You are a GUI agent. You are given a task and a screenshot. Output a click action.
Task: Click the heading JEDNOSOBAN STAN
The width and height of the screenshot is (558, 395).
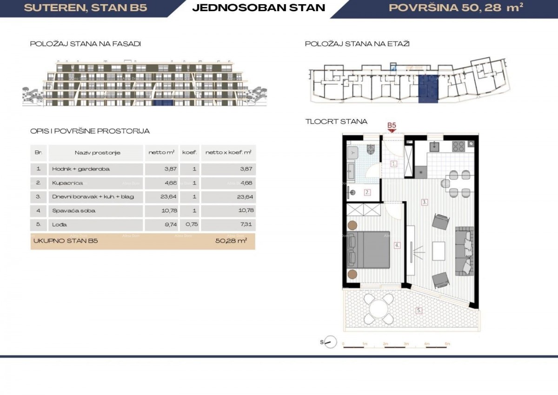[x=259, y=8]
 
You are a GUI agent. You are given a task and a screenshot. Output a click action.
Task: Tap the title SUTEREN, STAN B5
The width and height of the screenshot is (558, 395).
[x=85, y=8]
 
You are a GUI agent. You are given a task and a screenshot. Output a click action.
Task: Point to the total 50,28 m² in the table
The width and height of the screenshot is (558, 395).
[x=231, y=241]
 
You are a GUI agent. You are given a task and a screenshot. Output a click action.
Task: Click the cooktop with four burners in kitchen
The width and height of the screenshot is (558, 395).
[x=458, y=146]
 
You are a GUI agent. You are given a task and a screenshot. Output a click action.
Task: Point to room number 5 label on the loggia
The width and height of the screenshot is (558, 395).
[x=419, y=311]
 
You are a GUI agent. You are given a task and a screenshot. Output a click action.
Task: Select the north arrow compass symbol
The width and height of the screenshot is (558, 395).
[x=329, y=342]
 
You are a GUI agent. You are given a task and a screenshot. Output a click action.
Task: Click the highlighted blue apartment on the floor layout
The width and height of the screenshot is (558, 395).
[x=428, y=88]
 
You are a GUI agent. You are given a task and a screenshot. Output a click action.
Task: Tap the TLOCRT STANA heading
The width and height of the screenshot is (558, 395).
[x=336, y=122]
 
